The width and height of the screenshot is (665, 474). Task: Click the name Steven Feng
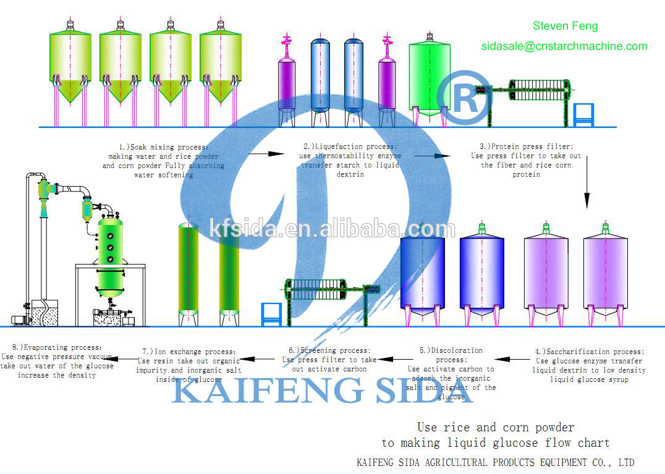pyautogui.click(x=565, y=26)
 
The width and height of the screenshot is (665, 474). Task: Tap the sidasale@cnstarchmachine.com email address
pyautogui.click(x=564, y=46)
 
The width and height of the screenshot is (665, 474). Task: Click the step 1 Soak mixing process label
pyautogui.click(x=164, y=161)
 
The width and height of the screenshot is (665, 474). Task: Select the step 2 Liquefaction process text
pyautogui.click(x=349, y=160)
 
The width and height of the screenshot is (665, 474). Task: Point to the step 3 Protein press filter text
pyautogui.click(x=526, y=160)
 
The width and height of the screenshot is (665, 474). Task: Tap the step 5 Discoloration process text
pyautogui.click(x=451, y=373)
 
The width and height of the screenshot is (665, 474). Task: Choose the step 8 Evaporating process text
pyautogui.click(x=57, y=362)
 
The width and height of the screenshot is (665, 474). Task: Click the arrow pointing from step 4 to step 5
pyautogui.click(x=511, y=359)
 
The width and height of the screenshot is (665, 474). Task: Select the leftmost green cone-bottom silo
pyautogui.click(x=70, y=68)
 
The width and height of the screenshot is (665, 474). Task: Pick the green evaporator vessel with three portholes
pyautogui.click(x=110, y=253)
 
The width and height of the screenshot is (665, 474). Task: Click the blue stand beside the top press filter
pyautogui.click(x=583, y=115)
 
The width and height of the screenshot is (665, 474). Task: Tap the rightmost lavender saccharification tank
pyautogui.click(x=605, y=272)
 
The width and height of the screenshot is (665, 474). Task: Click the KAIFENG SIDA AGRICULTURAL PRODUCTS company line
pyautogui.click(x=495, y=462)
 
